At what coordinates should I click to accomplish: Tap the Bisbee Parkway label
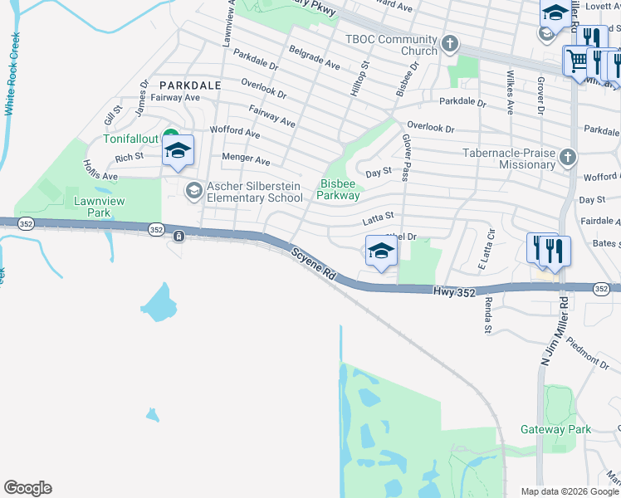[x=338, y=190]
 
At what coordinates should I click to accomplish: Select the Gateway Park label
[x=555, y=429]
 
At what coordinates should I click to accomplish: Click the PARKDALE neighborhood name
[x=190, y=85]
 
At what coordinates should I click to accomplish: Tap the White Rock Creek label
[x=11, y=74]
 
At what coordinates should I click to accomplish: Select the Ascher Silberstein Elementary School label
[x=254, y=192]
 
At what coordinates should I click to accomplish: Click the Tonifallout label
[x=132, y=139]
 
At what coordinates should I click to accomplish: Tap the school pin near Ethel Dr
[x=380, y=251]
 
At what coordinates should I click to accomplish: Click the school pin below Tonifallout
[x=178, y=151]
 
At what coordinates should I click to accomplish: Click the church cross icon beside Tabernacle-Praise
[x=568, y=157]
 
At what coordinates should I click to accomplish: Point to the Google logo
[x=27, y=488]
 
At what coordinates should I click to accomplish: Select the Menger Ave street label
[x=246, y=159]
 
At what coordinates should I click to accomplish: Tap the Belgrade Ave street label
[x=315, y=57]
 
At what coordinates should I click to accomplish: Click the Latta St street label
[x=378, y=219]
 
